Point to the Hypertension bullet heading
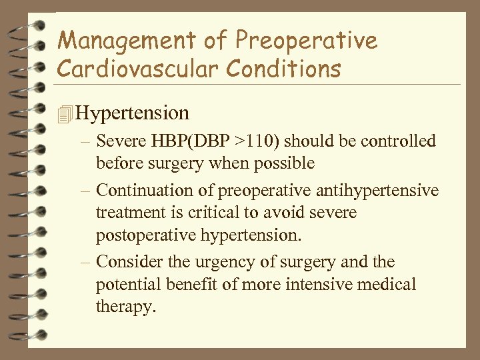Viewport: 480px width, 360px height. point(133,113)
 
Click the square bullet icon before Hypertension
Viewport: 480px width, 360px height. point(64,114)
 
